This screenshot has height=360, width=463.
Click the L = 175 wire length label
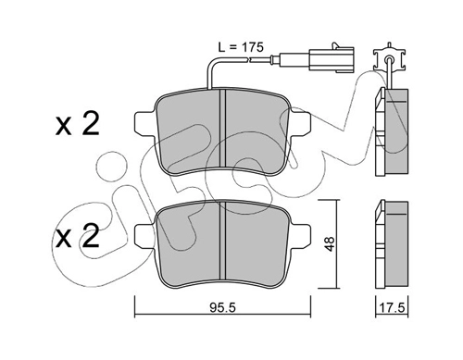point(241,47)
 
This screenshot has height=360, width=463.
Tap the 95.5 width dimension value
point(222,307)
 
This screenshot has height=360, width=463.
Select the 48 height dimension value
point(330,243)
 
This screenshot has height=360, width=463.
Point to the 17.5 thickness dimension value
point(392,307)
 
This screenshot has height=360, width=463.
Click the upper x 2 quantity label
point(78,125)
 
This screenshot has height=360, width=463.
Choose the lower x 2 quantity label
point(78,237)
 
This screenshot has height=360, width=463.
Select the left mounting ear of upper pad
point(145,124)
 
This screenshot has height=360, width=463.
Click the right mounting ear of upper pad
point(300,124)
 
